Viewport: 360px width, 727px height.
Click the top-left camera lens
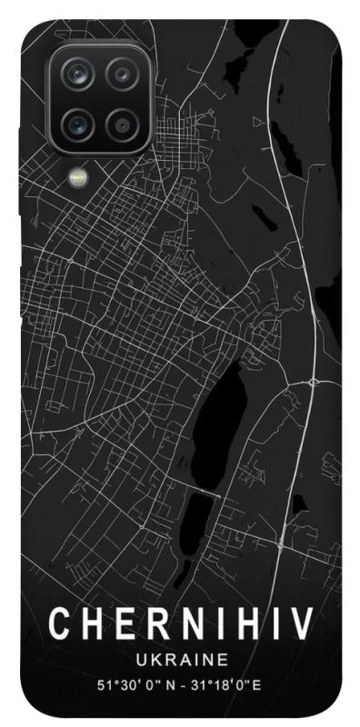pyautogui.click(x=82, y=73)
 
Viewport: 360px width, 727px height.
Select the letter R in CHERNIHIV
pyautogui.click(x=151, y=625)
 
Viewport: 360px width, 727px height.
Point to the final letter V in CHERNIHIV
pyautogui.click(x=301, y=625)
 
